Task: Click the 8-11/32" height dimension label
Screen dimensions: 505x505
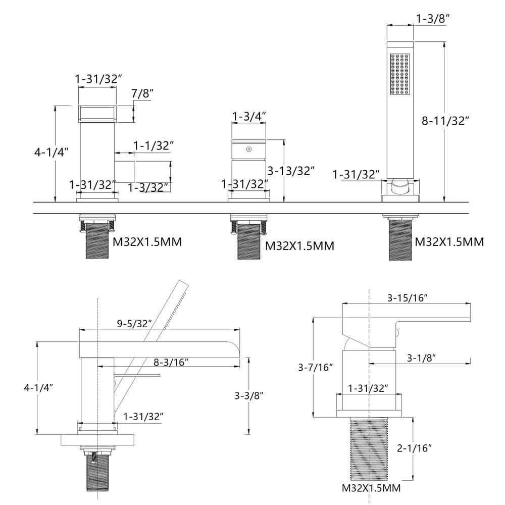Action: click(x=445, y=121)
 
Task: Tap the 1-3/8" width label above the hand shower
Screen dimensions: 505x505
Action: click(x=433, y=19)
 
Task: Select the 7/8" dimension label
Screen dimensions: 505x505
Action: click(x=142, y=93)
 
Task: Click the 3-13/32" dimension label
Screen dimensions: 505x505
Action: click(x=290, y=171)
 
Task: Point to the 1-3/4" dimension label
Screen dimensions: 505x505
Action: click(x=249, y=116)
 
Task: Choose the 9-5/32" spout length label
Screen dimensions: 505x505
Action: click(x=134, y=323)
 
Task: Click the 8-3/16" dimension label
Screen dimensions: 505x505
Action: click(x=171, y=362)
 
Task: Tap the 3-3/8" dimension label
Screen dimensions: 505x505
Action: click(x=248, y=395)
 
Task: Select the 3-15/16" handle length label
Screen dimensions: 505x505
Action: click(x=407, y=297)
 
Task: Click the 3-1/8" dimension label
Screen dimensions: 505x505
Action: click(x=421, y=358)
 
